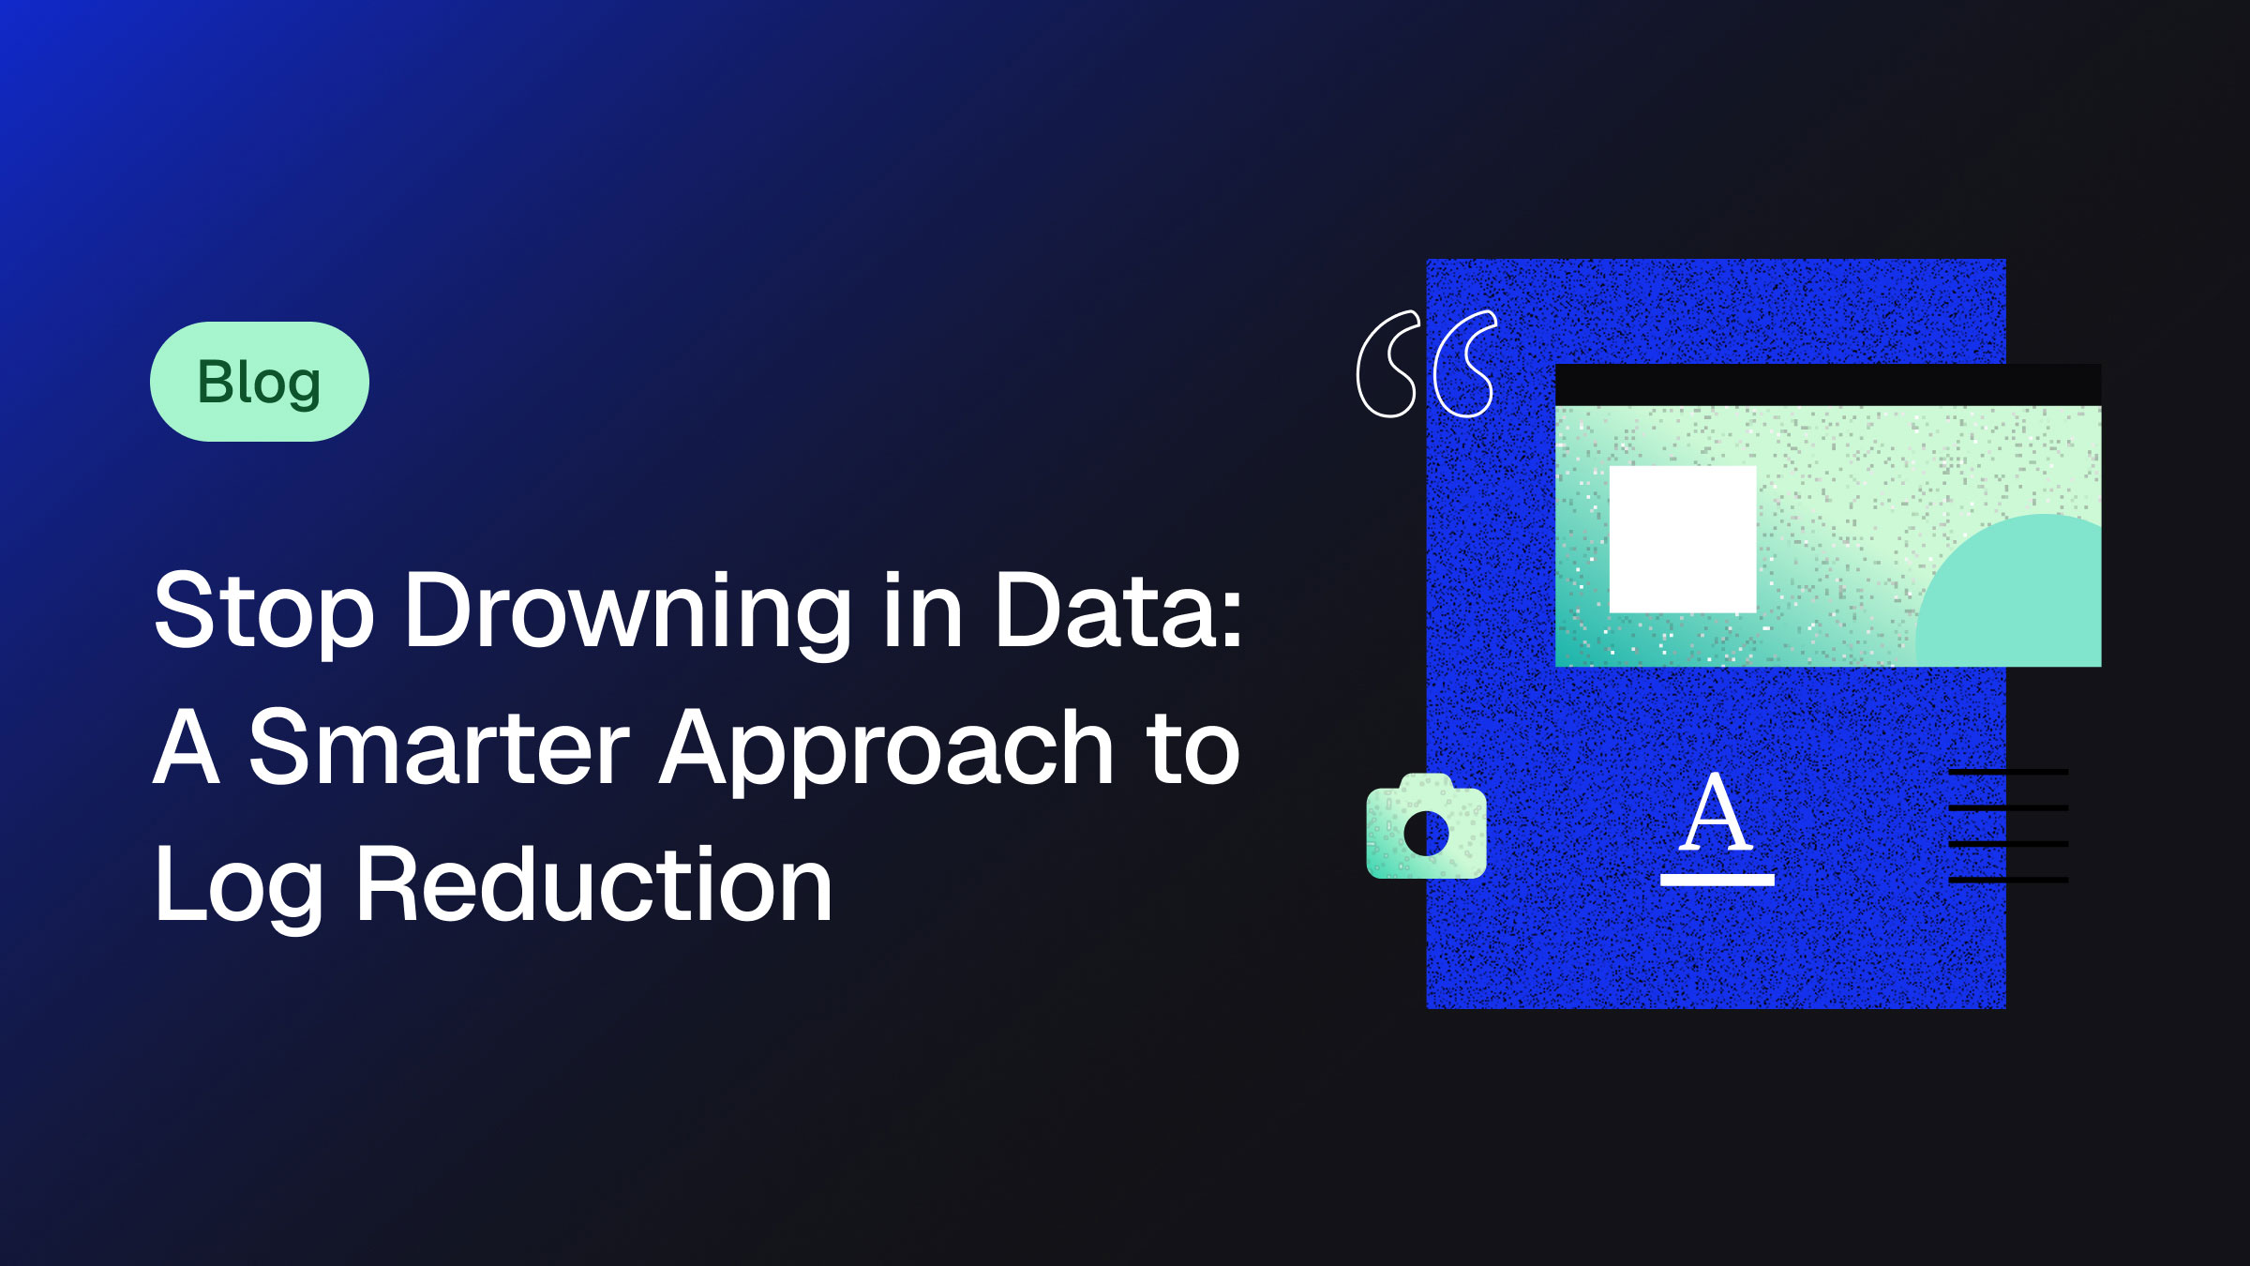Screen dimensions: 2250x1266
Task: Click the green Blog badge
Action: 260,382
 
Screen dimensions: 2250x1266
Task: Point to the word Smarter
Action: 439,747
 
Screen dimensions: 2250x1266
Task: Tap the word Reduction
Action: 593,884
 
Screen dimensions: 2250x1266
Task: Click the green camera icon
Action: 1426,826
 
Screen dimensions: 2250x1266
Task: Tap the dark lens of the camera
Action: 1426,834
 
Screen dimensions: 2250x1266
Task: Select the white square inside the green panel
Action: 1683,539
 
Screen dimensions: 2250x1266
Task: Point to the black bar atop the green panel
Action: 1828,384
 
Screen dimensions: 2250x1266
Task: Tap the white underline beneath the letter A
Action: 1717,880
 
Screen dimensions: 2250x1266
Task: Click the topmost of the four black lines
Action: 2008,772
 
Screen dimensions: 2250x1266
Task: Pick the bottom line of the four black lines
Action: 2008,880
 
